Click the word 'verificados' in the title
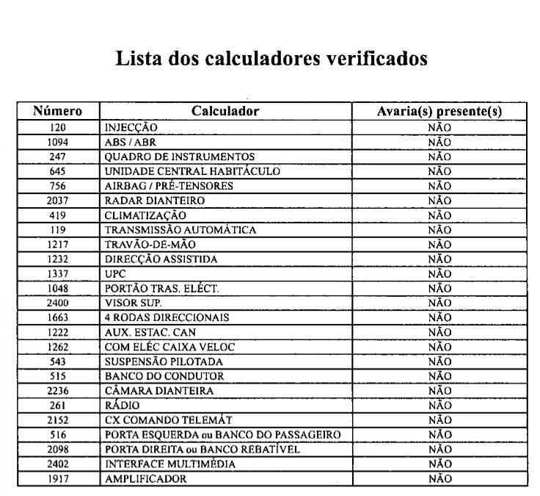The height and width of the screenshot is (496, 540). pyautogui.click(x=376, y=59)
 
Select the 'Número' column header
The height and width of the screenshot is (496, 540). pyautogui.click(x=57, y=112)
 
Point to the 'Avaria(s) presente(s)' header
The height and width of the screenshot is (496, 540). pyautogui.click(x=439, y=112)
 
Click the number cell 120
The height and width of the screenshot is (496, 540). pyautogui.click(x=57, y=127)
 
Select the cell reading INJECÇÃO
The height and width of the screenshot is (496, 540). pyautogui.click(x=131, y=127)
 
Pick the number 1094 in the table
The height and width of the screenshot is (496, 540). pyautogui.click(x=57, y=142)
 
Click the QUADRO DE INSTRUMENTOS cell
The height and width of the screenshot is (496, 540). pyautogui.click(x=179, y=157)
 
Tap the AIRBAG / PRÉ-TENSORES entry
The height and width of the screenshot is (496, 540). pyautogui.click(x=168, y=186)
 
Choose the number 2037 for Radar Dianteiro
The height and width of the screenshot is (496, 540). pyautogui.click(x=57, y=201)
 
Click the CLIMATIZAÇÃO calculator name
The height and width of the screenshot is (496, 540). pyautogui.click(x=145, y=215)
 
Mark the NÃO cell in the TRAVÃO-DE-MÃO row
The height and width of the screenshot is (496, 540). pyautogui.click(x=439, y=245)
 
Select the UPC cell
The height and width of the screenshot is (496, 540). pyautogui.click(x=114, y=274)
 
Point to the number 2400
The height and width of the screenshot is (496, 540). pyautogui.click(x=57, y=303)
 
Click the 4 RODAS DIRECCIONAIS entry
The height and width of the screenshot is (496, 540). pyautogui.click(x=167, y=317)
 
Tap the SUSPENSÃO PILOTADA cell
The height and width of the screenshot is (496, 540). pyautogui.click(x=163, y=362)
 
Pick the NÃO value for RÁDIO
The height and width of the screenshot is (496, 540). pyautogui.click(x=439, y=406)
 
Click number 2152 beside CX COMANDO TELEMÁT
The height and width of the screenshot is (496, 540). pyautogui.click(x=57, y=420)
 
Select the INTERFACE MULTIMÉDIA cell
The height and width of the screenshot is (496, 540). pyautogui.click(x=170, y=464)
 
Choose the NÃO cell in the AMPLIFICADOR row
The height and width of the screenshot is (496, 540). pyautogui.click(x=439, y=479)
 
